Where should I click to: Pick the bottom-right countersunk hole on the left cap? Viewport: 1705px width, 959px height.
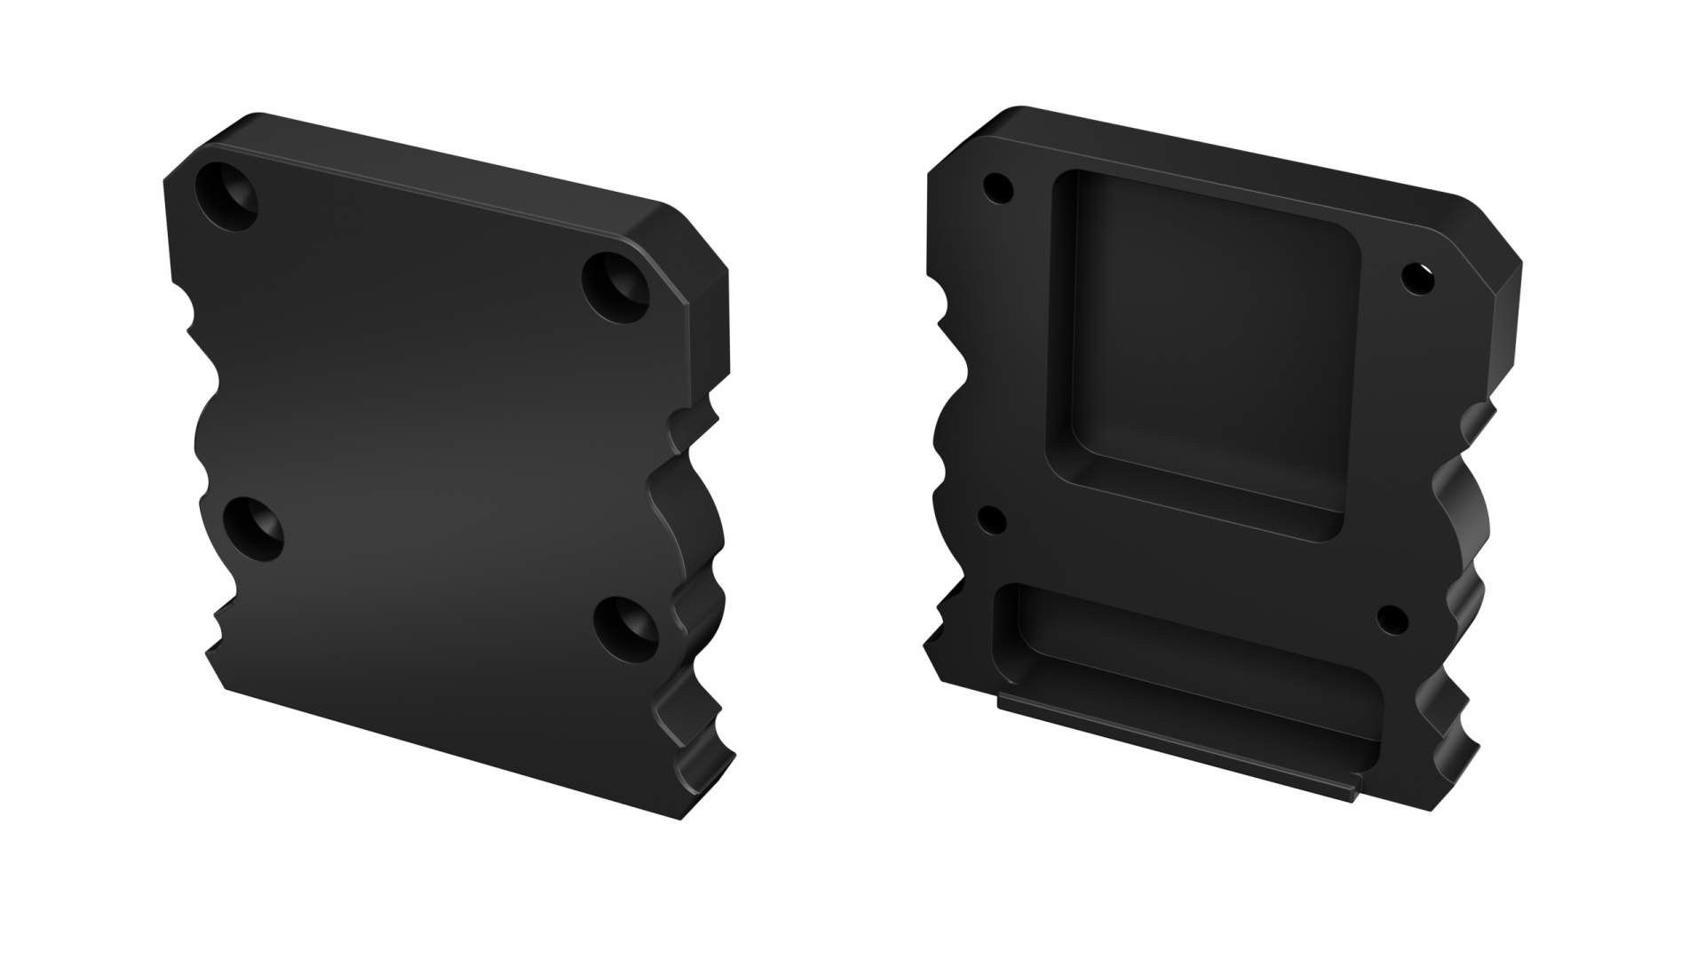click(626, 629)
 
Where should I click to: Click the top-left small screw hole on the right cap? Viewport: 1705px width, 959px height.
click(998, 188)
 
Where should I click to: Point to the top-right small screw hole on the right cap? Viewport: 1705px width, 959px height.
click(1417, 279)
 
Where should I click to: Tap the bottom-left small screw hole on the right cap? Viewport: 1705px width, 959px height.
click(992, 520)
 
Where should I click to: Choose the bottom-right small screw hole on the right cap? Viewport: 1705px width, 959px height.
click(1392, 620)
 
